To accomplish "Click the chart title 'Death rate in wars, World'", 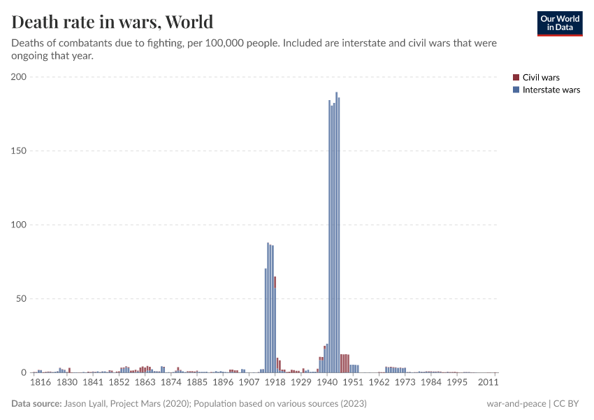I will point(113,22).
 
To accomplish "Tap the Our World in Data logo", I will point(559,23).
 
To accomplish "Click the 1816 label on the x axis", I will point(41,383).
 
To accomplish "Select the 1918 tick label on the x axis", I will point(275,383).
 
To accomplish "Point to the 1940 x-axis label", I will point(326,383).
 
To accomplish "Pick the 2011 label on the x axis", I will point(488,383).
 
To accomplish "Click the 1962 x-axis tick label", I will point(379,383).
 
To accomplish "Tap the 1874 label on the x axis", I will point(171,383).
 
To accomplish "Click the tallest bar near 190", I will point(336,232).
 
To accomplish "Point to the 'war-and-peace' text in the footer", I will point(516,404).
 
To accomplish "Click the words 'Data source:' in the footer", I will point(36,404).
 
